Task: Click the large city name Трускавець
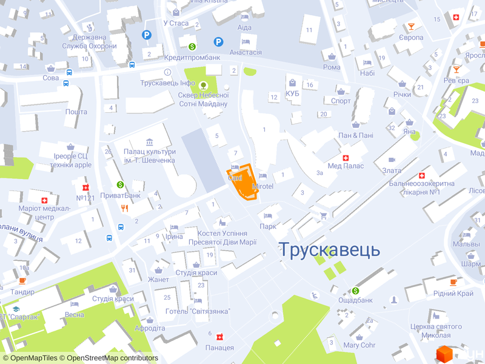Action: click(329, 249)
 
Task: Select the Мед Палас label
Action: click(346, 166)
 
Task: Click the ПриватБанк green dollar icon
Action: click(121, 184)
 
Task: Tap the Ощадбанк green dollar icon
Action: click(355, 289)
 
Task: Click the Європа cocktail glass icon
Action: click(412, 27)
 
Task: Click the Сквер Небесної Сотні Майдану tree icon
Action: click(203, 85)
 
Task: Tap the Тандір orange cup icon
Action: click(22, 281)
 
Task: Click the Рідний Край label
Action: click(453, 294)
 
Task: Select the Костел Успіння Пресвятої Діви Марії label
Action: click(224, 238)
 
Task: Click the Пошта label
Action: click(76, 112)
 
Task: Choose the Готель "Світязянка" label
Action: click(198, 311)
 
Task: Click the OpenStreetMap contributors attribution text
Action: click(112, 358)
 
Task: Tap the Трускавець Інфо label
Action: click(167, 83)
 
